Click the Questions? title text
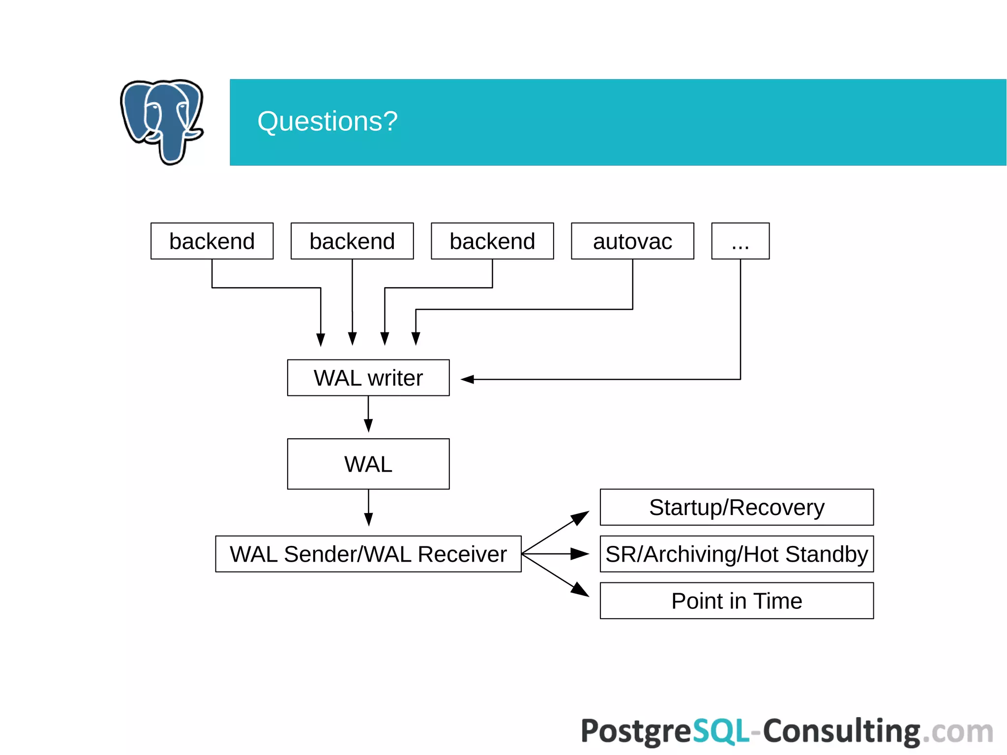(327, 121)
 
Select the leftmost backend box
(212, 241)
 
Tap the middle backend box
(352, 241)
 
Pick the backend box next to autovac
(492, 241)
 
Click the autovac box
(632, 241)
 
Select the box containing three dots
(740, 241)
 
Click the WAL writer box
(368, 378)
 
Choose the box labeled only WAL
(368, 464)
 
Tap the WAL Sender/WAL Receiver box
(368, 554)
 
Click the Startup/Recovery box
(737, 507)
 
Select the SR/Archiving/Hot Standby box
(737, 554)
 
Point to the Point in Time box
(737, 601)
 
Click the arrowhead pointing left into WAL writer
(468, 379)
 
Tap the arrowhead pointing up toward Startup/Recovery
(580, 517)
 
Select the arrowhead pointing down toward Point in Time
(580, 589)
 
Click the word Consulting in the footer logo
(841, 731)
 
